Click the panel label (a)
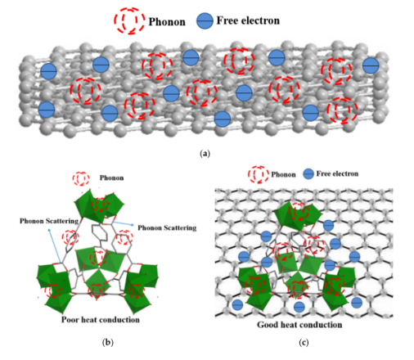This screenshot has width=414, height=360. click(205, 154)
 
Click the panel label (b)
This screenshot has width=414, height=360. click(108, 342)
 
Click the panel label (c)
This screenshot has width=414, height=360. click(304, 342)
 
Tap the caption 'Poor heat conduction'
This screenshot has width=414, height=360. click(101, 320)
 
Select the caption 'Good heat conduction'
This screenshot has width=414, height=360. click(299, 325)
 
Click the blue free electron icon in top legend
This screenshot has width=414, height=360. click(205, 20)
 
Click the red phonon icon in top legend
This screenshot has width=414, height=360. click(129, 21)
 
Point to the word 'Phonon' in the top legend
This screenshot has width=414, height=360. click(167, 22)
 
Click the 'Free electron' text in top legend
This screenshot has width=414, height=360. click(248, 20)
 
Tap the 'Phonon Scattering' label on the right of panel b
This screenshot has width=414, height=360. click(167, 227)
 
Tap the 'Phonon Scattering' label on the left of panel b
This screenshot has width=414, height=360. click(49, 221)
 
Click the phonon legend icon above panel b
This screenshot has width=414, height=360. click(81, 179)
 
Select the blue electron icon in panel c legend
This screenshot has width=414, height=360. click(308, 173)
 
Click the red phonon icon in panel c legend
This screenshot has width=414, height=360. click(258, 174)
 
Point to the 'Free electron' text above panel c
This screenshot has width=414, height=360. click(337, 173)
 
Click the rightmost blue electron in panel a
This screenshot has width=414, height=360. click(371, 65)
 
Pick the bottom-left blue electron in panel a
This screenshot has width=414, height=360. click(47, 110)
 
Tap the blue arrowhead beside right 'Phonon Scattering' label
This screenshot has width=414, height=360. click(133, 225)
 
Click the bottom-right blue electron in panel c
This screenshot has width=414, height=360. click(357, 303)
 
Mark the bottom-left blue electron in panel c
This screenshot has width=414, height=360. click(237, 304)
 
